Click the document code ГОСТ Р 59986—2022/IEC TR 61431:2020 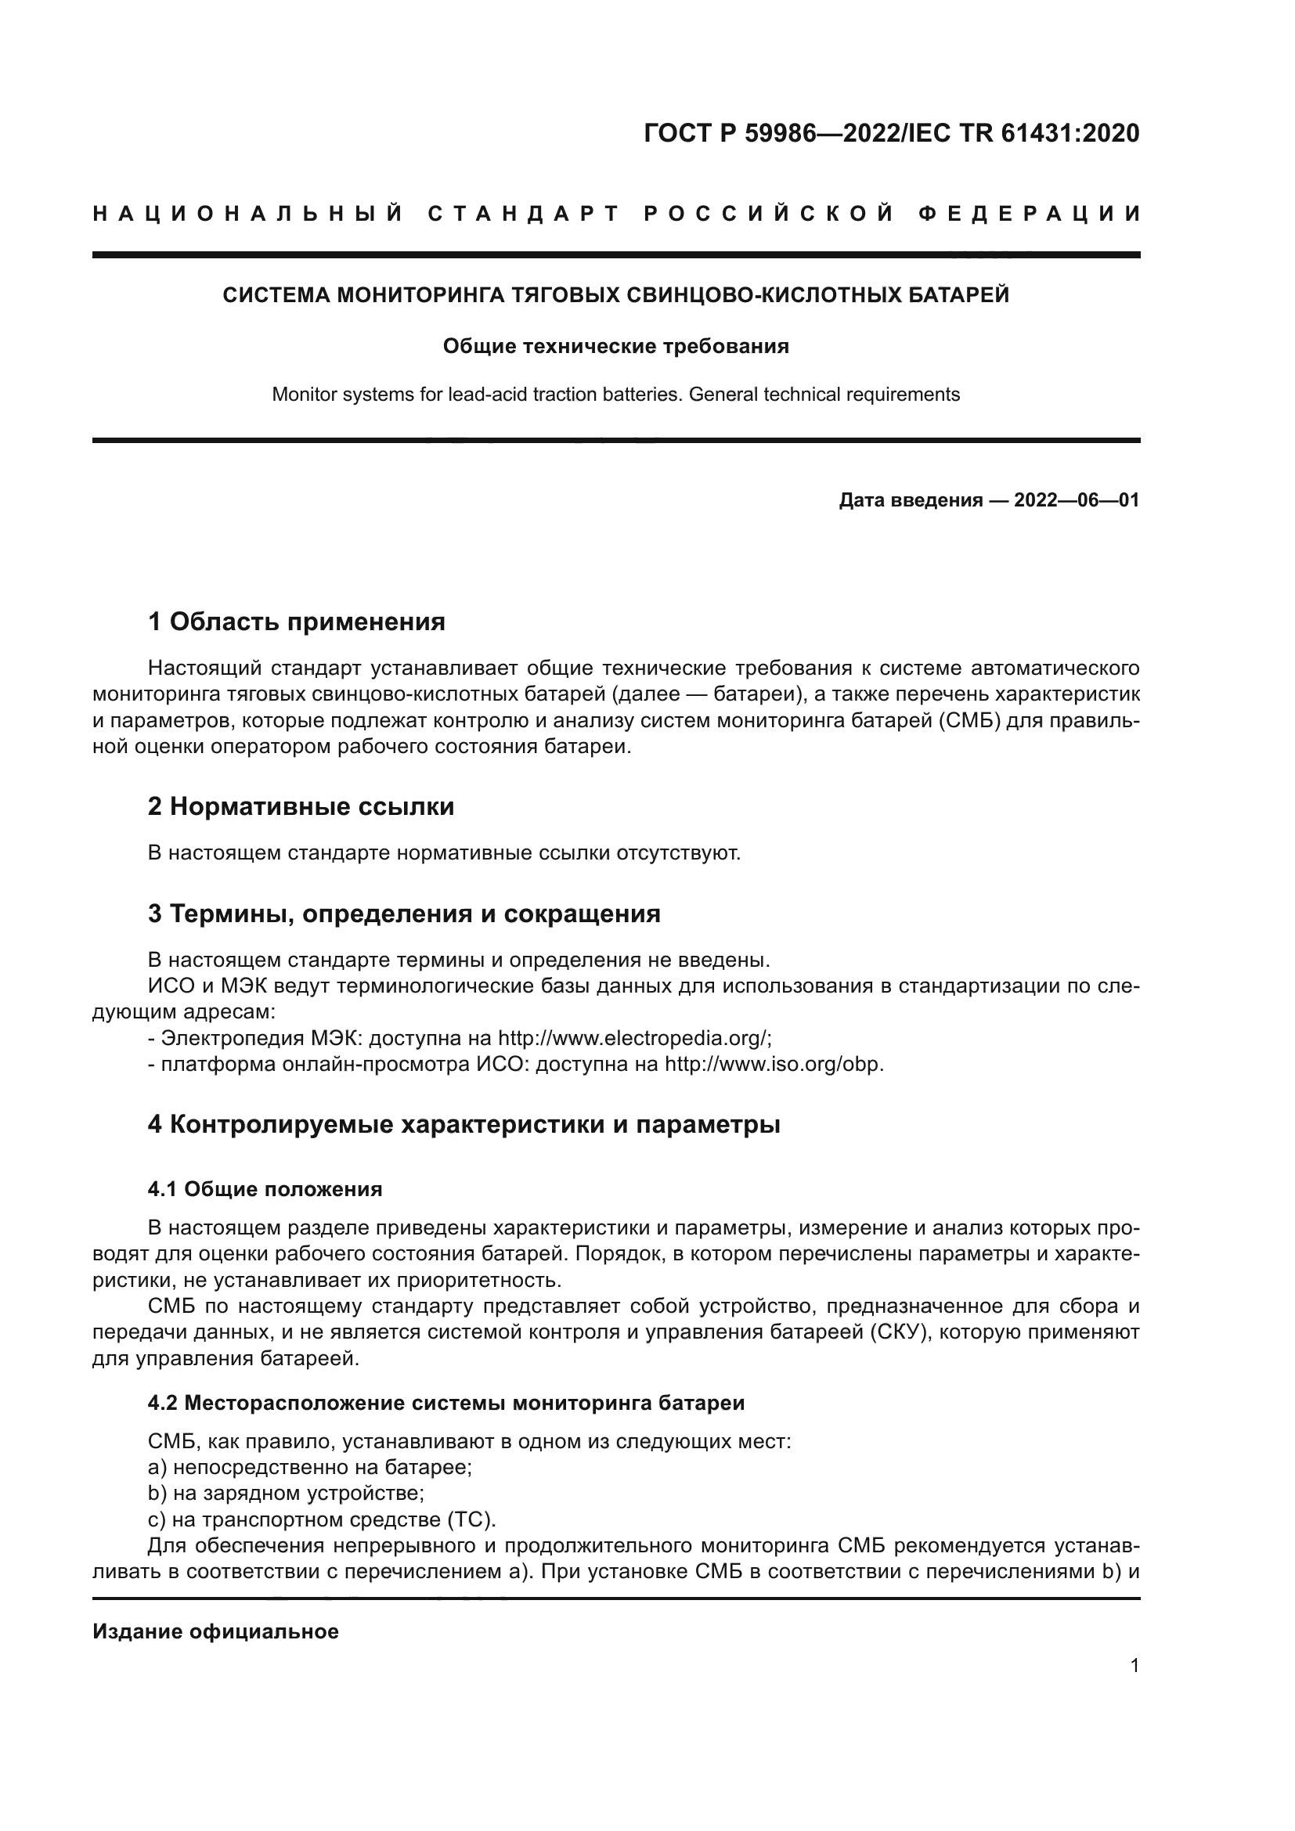click(892, 133)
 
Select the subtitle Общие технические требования click(615, 346)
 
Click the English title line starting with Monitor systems click(615, 394)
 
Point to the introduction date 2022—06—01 click(1077, 500)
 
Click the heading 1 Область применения click(297, 622)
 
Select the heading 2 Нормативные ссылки click(301, 806)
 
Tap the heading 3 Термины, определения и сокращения click(404, 913)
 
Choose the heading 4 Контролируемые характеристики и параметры click(464, 1124)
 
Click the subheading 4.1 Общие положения click(265, 1189)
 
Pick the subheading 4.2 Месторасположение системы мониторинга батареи click(445, 1403)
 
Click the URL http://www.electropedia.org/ click(633, 1038)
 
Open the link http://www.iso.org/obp click(773, 1065)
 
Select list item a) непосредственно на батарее click(310, 1467)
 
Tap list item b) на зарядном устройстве click(287, 1493)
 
